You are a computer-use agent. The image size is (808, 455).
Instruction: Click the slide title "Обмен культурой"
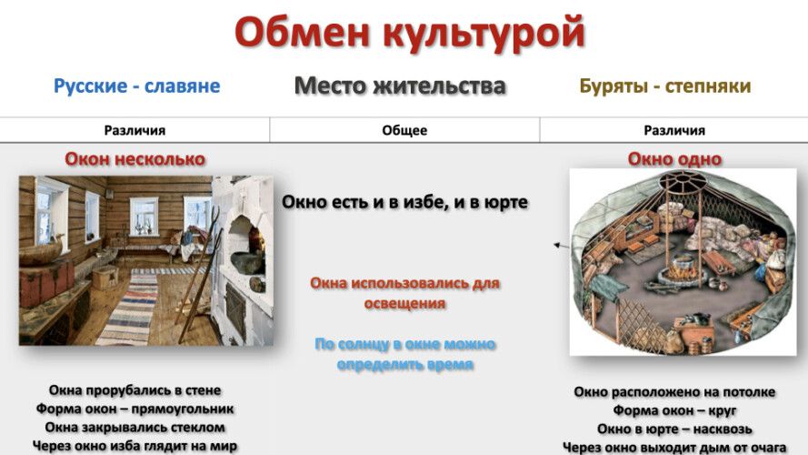click(x=410, y=33)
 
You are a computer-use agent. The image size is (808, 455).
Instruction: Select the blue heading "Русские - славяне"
click(x=136, y=86)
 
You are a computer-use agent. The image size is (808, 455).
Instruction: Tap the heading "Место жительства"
click(x=400, y=86)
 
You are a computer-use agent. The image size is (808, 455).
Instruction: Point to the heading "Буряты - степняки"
click(x=665, y=86)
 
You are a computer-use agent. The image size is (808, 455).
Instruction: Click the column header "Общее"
click(x=404, y=130)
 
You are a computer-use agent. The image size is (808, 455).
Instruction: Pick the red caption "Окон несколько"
click(x=135, y=159)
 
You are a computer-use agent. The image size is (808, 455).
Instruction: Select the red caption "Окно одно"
click(x=674, y=159)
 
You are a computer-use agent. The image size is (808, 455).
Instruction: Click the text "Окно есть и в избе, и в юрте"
click(x=404, y=202)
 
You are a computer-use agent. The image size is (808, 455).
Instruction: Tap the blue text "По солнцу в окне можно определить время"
click(x=405, y=354)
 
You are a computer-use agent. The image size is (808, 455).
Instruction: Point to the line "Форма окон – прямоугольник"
click(x=135, y=409)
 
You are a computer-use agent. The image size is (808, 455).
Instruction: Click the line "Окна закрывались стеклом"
click(x=135, y=428)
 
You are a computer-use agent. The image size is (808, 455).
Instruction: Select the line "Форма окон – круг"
click(x=674, y=411)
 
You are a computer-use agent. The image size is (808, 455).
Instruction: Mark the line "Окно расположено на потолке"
click(x=674, y=392)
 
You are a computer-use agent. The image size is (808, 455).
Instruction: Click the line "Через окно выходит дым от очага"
click(x=674, y=447)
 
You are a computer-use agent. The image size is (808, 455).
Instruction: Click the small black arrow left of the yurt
click(x=561, y=246)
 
